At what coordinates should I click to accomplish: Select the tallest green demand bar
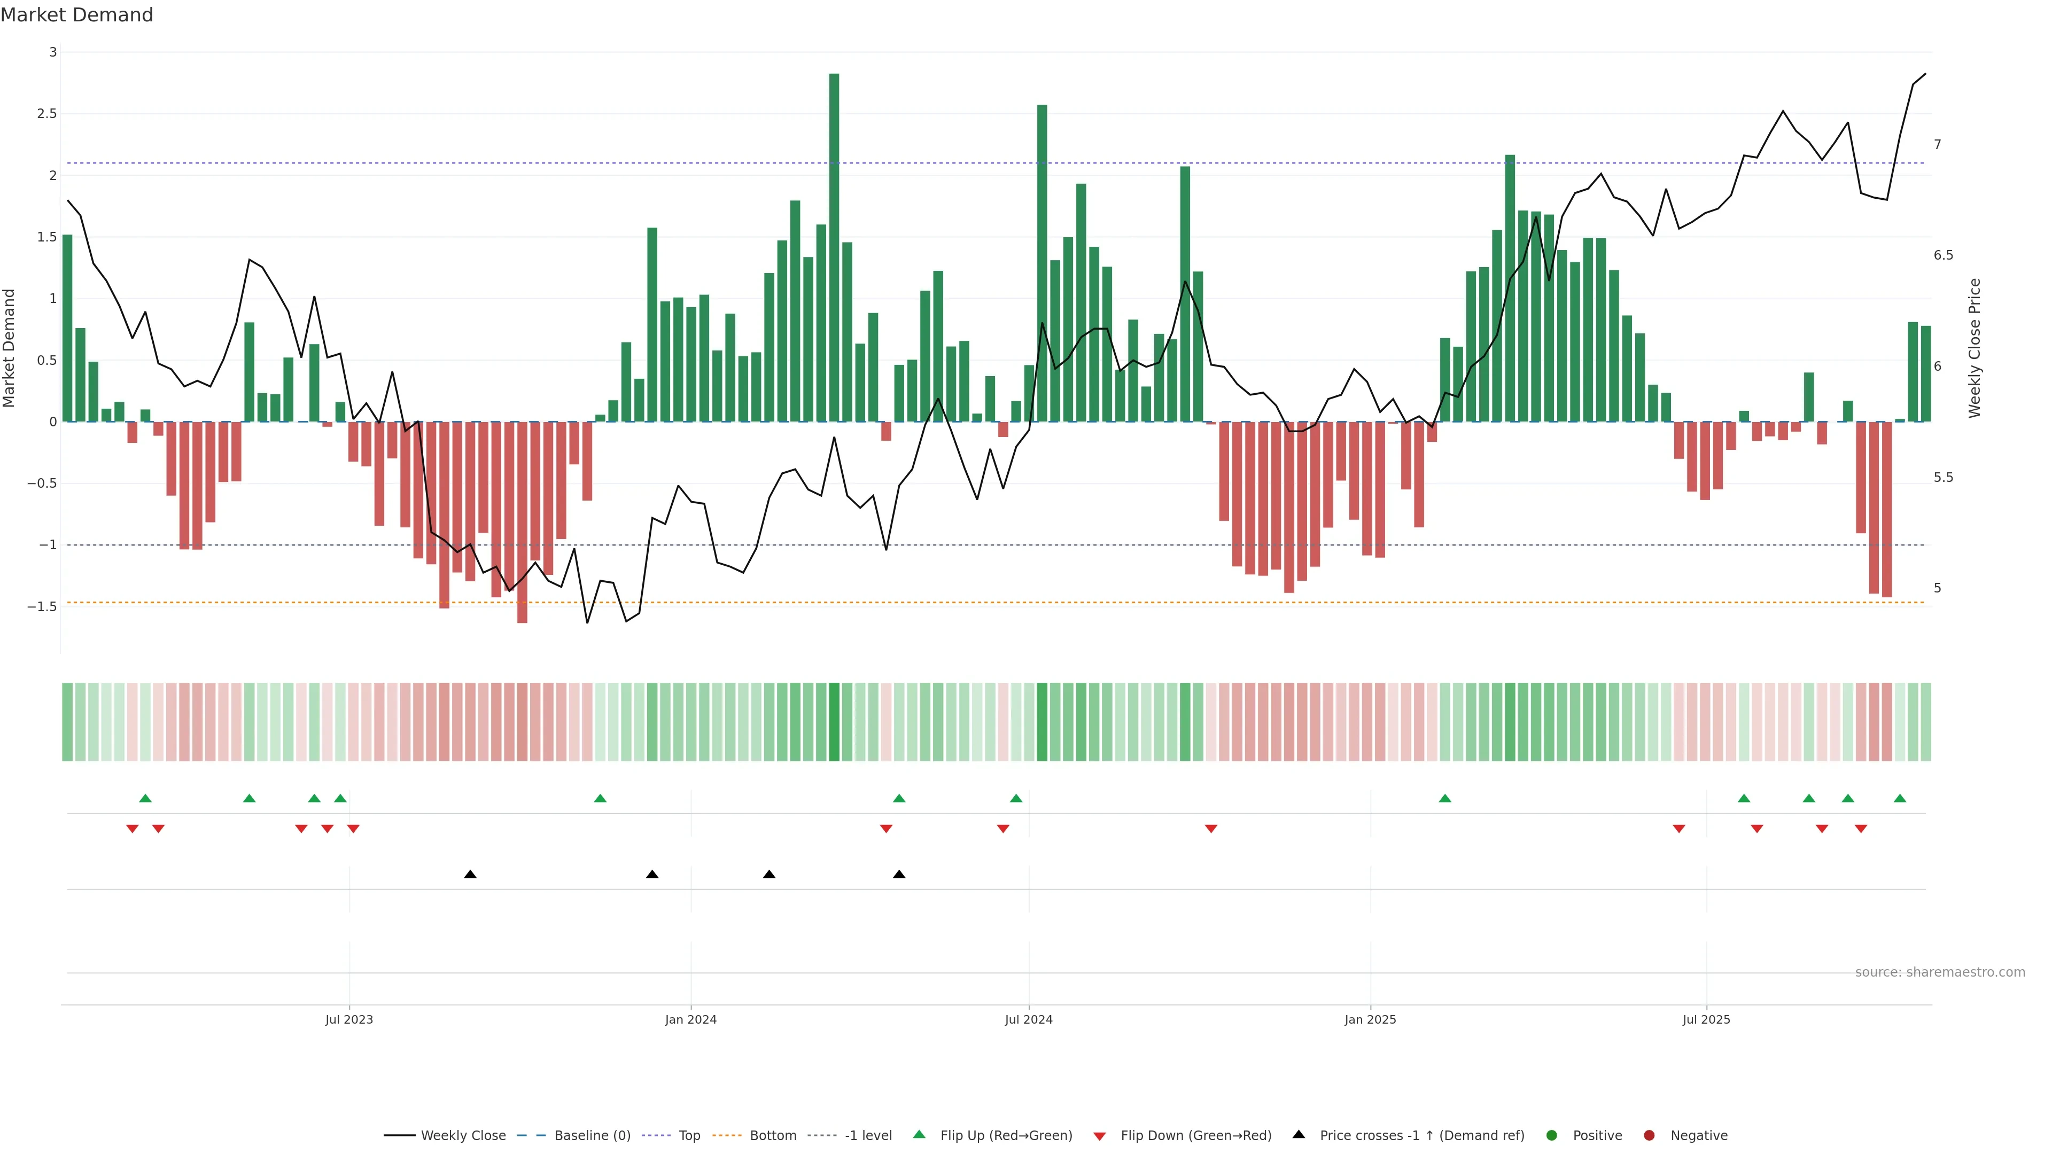coord(834,247)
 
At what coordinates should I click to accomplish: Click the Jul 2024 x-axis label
coord(1028,1019)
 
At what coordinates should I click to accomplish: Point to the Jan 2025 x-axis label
coord(1370,1019)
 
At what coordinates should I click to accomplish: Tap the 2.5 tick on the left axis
coord(47,114)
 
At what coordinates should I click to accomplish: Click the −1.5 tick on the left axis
coord(42,607)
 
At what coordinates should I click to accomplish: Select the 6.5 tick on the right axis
coord(1943,256)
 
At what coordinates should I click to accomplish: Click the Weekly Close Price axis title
coord(1974,348)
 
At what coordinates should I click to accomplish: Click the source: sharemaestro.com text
coord(1940,972)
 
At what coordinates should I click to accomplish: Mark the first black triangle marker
coord(470,875)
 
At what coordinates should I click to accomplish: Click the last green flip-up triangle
coord(1900,798)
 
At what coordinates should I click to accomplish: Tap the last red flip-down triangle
coord(1861,829)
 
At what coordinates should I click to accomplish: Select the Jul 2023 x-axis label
coord(349,1019)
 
